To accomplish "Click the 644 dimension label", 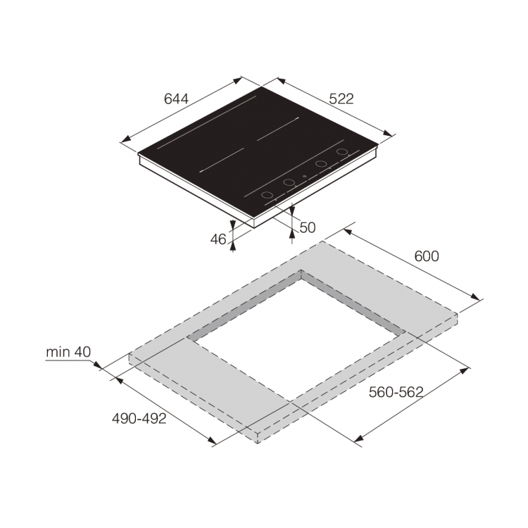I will (176, 99).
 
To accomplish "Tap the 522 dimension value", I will (341, 99).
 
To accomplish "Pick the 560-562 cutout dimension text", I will (396, 393).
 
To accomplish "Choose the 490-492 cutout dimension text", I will (139, 419).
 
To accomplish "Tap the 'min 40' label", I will (68, 351).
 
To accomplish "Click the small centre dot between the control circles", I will (304, 177).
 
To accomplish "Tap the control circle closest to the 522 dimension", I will (342, 153).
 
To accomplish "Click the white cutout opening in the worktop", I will (296, 331).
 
